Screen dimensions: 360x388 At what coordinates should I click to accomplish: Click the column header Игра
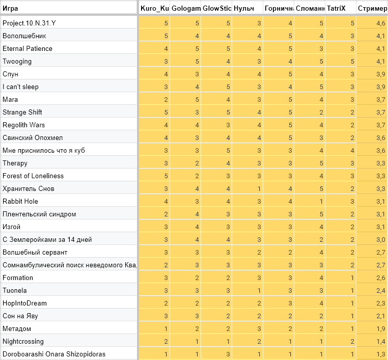click(10, 9)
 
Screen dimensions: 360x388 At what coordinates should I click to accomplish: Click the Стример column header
click(372, 9)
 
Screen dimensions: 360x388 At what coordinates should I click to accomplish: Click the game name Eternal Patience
click(27, 49)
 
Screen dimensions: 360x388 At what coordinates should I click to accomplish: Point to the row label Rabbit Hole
click(20, 202)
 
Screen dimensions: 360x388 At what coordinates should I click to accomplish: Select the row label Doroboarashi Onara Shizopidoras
click(54, 354)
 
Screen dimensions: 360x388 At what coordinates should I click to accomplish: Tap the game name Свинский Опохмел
click(33, 138)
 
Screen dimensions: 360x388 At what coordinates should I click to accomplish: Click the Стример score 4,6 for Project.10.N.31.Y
click(380, 23)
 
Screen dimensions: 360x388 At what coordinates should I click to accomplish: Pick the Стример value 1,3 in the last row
click(380, 354)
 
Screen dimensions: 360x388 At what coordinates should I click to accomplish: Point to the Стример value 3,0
click(380, 240)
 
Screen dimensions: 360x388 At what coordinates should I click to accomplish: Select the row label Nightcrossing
click(23, 342)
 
